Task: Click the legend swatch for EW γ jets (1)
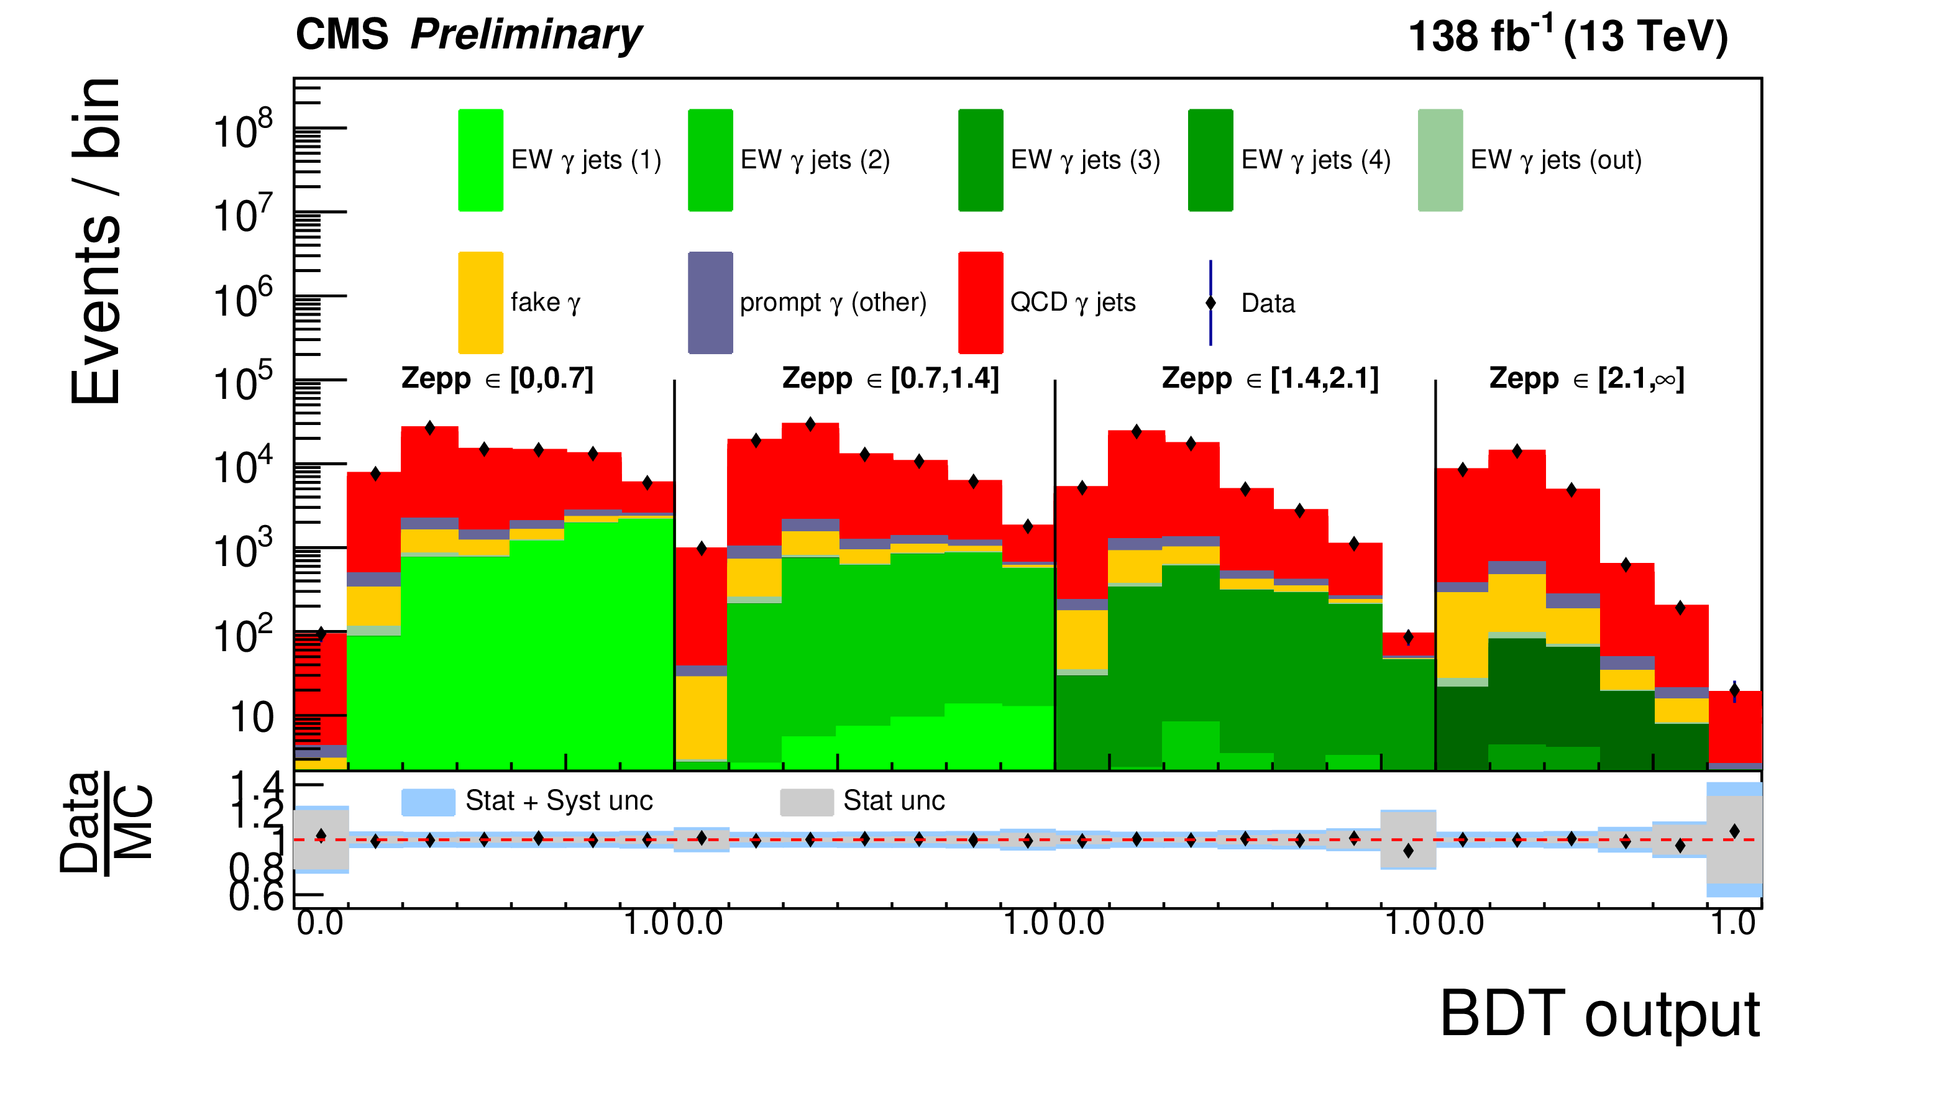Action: click(480, 160)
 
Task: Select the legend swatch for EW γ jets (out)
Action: click(1440, 160)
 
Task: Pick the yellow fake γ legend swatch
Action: click(480, 303)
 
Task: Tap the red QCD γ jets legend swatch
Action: click(981, 303)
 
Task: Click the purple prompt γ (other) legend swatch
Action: click(710, 303)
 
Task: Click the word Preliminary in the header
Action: click(526, 35)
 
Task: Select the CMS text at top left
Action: click(342, 35)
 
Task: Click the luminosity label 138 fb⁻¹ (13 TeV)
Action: click(1567, 35)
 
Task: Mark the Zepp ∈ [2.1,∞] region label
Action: click(1586, 378)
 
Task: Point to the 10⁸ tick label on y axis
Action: click(242, 130)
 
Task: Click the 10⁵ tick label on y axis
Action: click(242, 382)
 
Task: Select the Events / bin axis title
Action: click(96, 241)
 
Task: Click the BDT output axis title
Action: click(1599, 1015)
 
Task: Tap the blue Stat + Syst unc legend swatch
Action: click(428, 802)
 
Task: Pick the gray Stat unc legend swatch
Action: click(807, 802)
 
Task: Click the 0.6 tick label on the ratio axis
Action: click(255, 897)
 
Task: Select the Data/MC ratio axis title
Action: click(106, 823)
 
